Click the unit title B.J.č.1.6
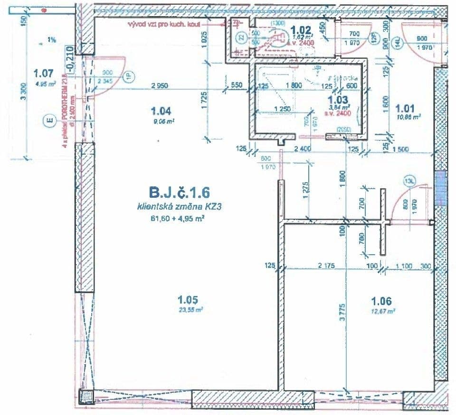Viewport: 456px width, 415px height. click(x=179, y=193)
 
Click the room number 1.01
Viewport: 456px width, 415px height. click(x=407, y=107)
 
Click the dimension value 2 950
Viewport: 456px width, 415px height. click(x=161, y=86)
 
